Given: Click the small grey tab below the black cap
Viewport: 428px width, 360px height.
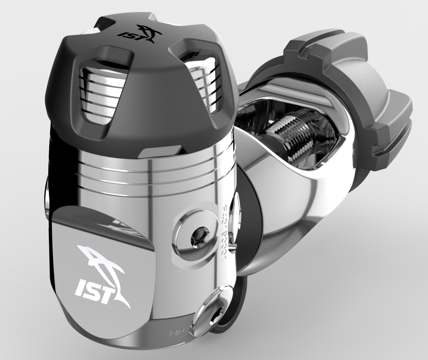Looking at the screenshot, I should coord(160,152).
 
